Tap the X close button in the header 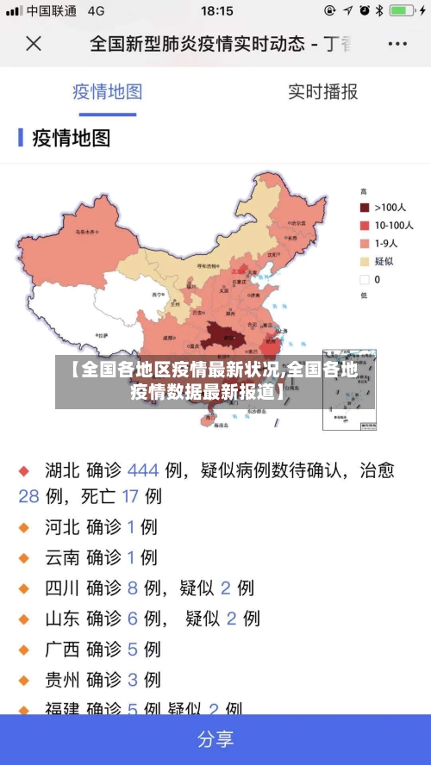33,42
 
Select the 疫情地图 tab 107,92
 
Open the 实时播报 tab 322,92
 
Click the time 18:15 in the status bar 216,11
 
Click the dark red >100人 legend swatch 365,207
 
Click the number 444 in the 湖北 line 143,470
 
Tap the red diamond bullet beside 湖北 24,471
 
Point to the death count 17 130,496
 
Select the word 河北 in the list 63,526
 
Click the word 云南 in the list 63,557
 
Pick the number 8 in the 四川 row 133,588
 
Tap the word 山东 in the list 63,619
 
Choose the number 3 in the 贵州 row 133,680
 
